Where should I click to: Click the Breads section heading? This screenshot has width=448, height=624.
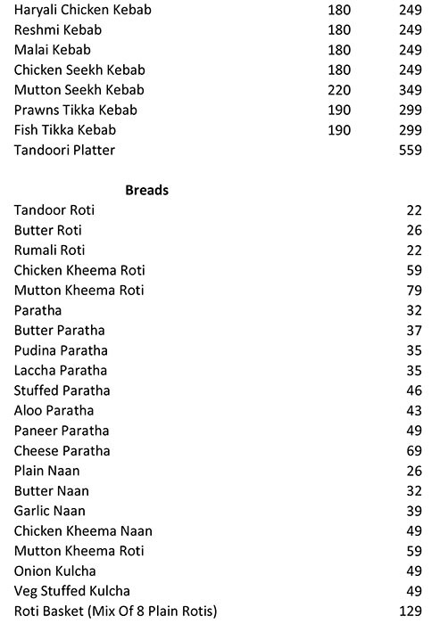click(x=147, y=190)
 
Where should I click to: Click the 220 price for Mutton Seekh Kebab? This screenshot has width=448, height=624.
click(x=339, y=90)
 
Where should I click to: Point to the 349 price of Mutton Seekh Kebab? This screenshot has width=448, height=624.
click(x=411, y=90)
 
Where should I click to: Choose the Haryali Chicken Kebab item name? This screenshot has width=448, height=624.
click(x=83, y=10)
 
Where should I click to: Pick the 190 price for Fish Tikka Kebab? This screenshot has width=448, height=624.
click(x=339, y=130)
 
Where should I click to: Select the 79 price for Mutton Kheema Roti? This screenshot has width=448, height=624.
click(x=414, y=291)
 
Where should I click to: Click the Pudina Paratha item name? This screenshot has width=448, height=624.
click(x=62, y=350)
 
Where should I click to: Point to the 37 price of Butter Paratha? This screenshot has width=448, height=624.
click(x=414, y=331)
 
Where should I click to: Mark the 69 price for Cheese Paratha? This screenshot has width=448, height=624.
click(x=414, y=451)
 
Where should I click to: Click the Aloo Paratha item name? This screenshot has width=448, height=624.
click(x=54, y=411)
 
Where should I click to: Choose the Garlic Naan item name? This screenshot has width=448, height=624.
click(x=50, y=511)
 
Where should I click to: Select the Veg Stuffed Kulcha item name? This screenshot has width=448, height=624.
click(x=72, y=591)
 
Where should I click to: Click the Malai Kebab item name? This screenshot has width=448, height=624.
click(x=53, y=50)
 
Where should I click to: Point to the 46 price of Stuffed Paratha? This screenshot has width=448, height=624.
click(x=414, y=390)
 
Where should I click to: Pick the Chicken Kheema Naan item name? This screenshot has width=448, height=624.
click(x=77, y=531)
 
